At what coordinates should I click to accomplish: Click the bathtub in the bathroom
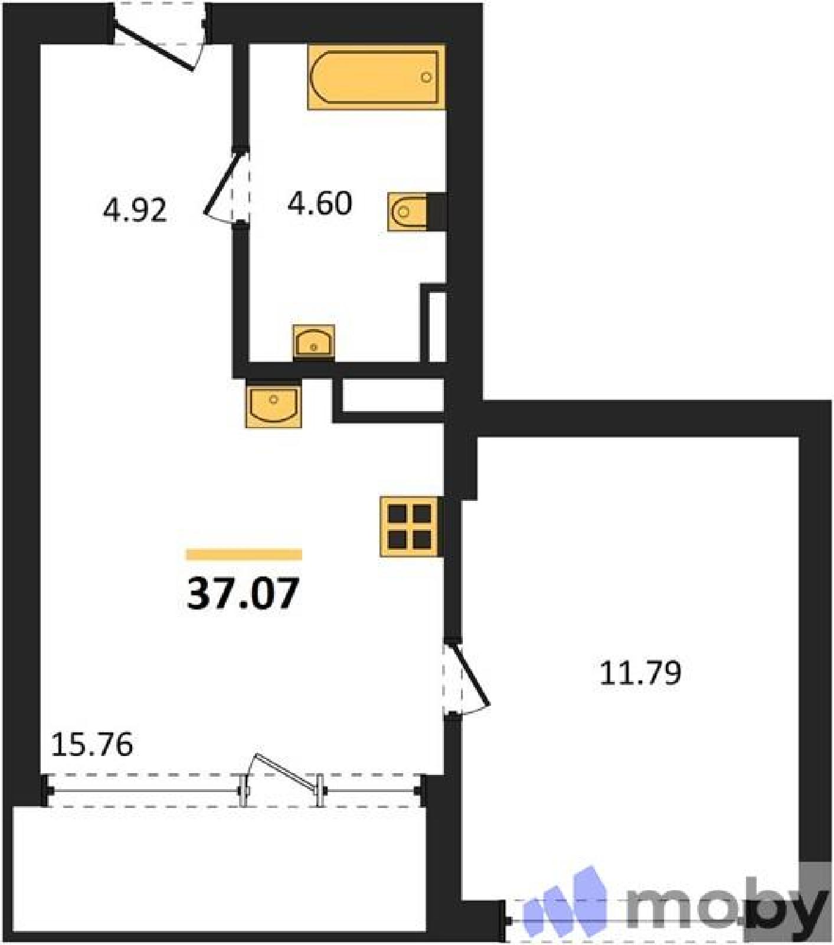376,77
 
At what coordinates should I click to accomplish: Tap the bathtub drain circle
426,77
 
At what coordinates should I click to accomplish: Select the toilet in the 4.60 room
408,211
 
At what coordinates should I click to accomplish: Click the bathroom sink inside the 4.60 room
314,342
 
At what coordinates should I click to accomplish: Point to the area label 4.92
135,210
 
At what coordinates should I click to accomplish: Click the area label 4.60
320,203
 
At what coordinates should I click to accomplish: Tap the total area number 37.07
243,593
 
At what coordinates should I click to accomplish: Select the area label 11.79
640,673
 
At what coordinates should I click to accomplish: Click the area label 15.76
92,744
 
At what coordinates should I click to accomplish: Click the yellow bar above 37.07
244,554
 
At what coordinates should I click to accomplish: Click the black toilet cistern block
437,211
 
